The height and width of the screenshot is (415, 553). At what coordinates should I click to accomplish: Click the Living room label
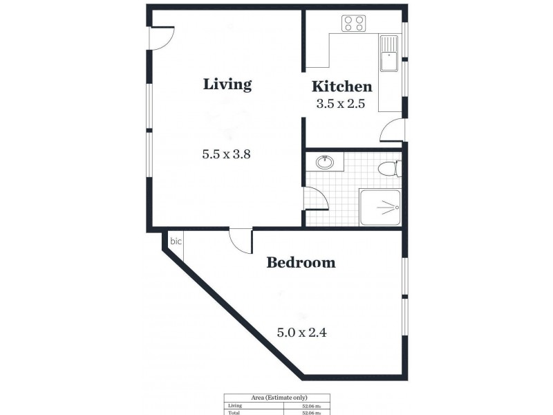[227, 84]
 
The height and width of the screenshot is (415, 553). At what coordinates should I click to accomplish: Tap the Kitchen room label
[341, 86]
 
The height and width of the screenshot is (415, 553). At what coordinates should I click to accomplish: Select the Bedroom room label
[301, 263]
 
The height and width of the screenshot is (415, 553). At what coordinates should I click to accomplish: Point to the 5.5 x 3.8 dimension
[225, 155]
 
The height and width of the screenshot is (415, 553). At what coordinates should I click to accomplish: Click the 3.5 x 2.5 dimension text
[340, 104]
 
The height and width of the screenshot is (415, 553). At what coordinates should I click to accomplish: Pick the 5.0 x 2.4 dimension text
[301, 332]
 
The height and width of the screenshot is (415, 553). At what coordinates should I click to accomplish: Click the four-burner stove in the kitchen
[354, 24]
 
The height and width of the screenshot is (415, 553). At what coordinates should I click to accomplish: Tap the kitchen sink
[388, 53]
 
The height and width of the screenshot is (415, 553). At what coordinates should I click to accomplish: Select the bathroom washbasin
[325, 163]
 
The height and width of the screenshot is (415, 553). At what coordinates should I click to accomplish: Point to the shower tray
[380, 207]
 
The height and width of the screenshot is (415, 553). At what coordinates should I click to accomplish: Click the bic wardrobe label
[176, 241]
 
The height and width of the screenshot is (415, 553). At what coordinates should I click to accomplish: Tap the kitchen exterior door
[391, 131]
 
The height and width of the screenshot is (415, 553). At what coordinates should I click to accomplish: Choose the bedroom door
[241, 241]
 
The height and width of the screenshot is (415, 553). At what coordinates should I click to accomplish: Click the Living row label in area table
[234, 406]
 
